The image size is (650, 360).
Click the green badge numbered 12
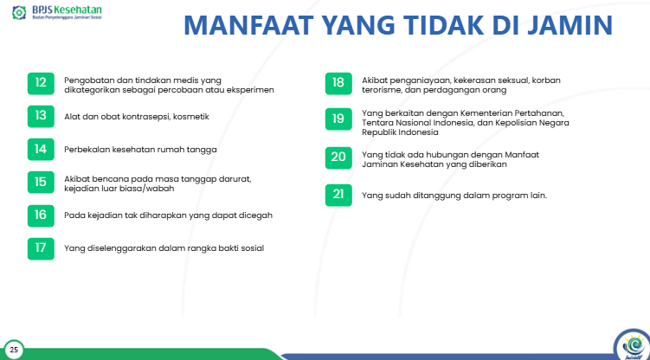tap(40, 84)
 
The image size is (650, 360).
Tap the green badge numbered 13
tap(40, 115)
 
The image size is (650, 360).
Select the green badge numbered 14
tap(40, 149)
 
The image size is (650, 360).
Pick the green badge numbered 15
tap(40, 182)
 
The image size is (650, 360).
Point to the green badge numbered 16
tap(40, 215)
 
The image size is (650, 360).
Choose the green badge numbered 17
tap(40, 247)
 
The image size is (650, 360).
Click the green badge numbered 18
tap(338, 84)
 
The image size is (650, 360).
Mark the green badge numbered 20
tap(338, 157)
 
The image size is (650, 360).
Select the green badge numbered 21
tap(338, 195)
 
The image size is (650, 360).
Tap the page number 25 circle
tap(14, 350)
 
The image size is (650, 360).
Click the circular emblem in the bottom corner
tap(629, 345)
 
